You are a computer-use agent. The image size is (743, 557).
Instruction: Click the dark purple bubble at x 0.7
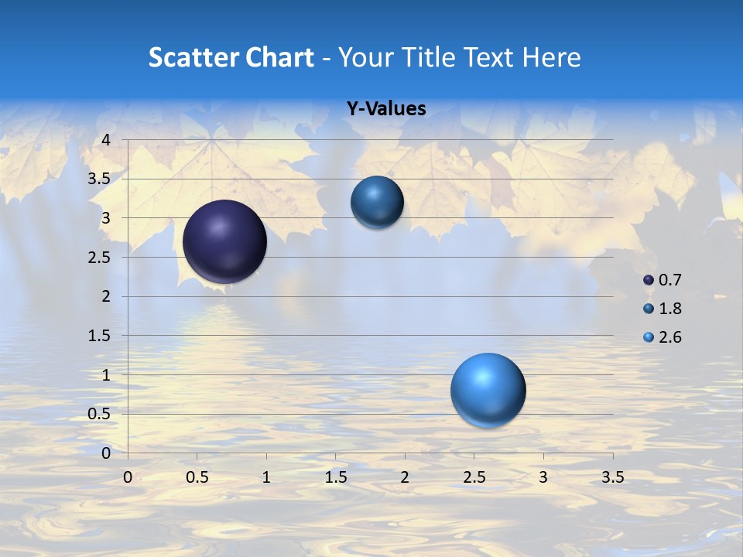[x=225, y=241]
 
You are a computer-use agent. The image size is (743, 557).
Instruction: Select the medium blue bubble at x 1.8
[x=377, y=202]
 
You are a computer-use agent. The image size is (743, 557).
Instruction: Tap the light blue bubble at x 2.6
[x=488, y=390]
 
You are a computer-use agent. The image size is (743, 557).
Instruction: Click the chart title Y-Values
[x=386, y=109]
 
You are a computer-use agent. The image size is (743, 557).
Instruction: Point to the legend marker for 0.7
[x=649, y=280]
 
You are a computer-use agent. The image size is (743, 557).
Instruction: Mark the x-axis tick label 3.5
[x=612, y=477]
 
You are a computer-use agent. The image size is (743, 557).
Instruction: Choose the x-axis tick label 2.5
[x=474, y=477]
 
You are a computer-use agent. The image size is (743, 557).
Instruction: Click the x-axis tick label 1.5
[x=335, y=477]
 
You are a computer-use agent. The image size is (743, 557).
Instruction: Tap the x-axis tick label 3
[x=543, y=477]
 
